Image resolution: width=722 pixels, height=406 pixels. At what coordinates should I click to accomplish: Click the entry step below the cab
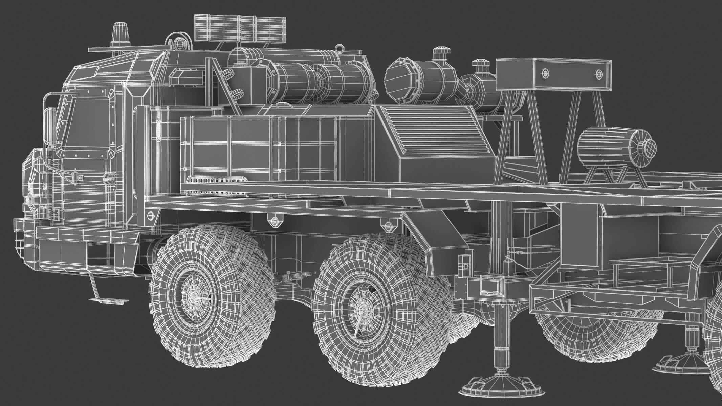pos(104,300)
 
